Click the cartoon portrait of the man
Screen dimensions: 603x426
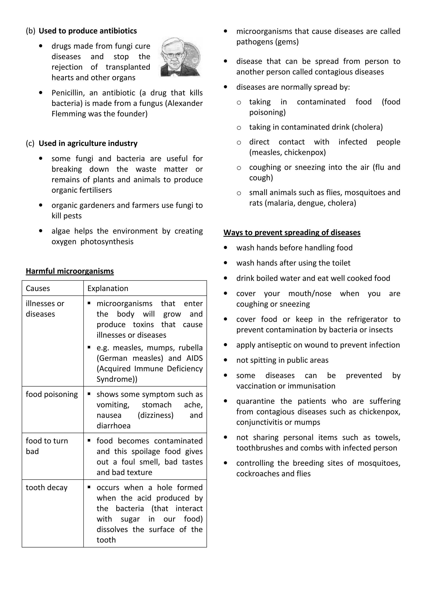180,57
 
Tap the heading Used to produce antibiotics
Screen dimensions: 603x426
88,31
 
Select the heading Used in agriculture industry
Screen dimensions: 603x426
88,143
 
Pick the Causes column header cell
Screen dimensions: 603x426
38,288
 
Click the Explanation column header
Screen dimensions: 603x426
108,288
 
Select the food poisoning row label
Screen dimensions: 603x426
52,394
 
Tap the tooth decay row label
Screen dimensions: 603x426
46,488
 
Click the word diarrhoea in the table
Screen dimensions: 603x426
113,426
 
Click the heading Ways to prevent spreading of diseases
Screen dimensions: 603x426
292,233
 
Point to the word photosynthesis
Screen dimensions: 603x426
107,242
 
